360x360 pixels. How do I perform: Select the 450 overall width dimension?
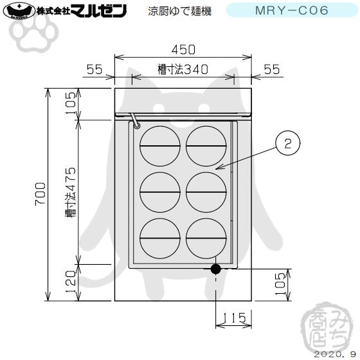point(183,50)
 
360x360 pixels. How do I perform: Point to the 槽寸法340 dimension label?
point(183,70)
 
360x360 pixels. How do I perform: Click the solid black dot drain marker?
point(216,268)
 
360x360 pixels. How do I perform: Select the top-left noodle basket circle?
point(159,146)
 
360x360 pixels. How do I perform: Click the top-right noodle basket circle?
point(206,146)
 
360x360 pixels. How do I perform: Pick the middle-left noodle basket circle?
point(159,192)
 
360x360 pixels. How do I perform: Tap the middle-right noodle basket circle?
point(206,192)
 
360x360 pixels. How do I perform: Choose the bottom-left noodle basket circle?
point(159,239)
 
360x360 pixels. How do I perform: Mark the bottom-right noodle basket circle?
point(206,239)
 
